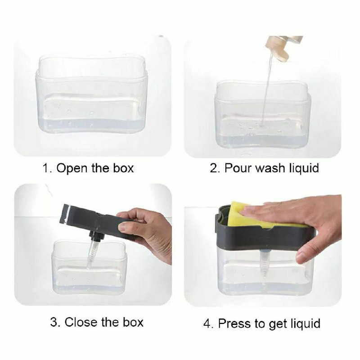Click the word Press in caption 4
coord(234,323)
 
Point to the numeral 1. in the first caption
coord(47,168)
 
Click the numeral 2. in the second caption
coord(215,168)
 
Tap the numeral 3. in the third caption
coord(55,322)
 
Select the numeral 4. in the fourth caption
coord(208,323)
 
